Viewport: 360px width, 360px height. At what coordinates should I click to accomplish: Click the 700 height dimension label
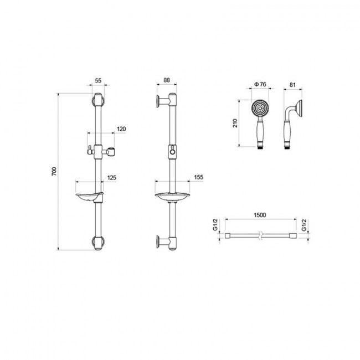click(54, 172)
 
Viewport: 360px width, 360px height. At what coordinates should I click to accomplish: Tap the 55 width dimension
click(98, 81)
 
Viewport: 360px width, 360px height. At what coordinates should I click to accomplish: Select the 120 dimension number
click(121, 129)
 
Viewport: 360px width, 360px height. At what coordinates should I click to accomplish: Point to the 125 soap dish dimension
click(112, 177)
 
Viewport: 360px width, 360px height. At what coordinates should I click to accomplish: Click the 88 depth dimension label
click(167, 80)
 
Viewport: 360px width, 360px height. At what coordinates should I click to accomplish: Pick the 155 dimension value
click(199, 177)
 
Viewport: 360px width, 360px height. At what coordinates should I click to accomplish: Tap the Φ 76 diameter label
click(260, 85)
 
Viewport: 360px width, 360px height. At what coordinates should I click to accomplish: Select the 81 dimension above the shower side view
click(292, 85)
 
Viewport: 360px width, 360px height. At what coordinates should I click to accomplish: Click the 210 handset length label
click(235, 124)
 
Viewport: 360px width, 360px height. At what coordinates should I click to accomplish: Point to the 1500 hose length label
click(260, 215)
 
